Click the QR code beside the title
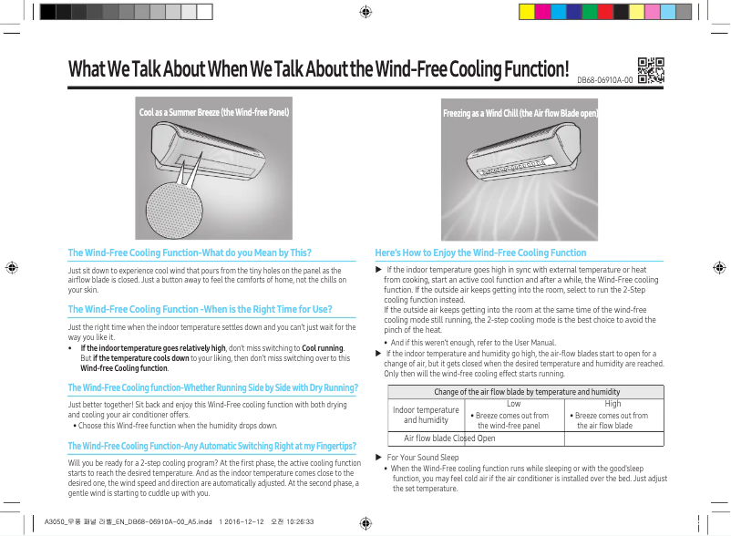650,70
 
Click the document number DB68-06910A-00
604,80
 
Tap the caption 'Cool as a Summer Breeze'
213,114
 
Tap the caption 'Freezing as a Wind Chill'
520,114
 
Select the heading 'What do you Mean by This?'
190,253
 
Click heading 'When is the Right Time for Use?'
200,309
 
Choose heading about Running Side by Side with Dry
212,388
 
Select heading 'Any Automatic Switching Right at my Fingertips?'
211,445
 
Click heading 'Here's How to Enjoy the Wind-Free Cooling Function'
480,253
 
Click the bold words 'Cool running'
322,348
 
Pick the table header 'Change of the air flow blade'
526,391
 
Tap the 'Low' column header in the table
513,402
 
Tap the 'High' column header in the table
613,402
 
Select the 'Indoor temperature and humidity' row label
426,415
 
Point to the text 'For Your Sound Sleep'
423,457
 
